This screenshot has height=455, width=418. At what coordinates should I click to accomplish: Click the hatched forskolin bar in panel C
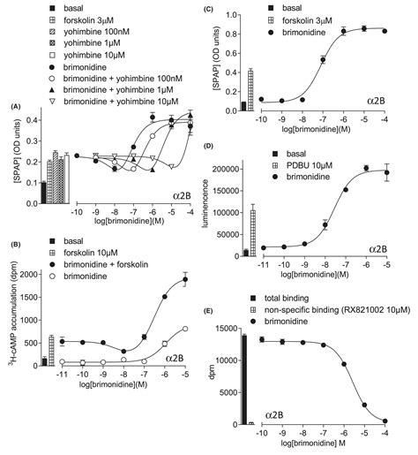click(x=252, y=90)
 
